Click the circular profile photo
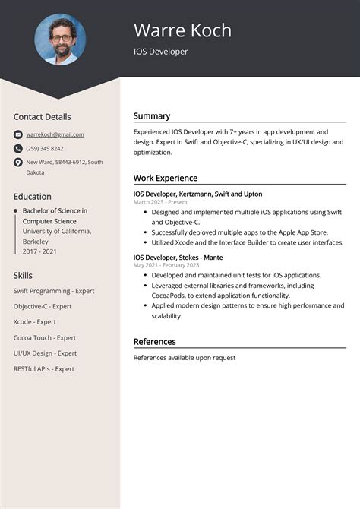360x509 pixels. [60, 40]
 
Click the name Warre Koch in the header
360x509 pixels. [182, 30]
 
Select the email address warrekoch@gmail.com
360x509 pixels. [55, 134]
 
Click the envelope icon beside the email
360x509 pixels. [18, 134]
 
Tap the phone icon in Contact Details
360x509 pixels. [18, 148]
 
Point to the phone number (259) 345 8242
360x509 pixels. [45, 148]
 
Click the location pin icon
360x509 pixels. [18, 163]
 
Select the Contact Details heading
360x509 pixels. [42, 117]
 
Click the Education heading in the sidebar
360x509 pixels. [33, 196]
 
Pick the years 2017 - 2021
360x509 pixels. [40, 251]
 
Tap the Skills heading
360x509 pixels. [23, 274]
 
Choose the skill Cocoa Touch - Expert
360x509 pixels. [45, 337]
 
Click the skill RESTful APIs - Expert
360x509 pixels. [44, 368]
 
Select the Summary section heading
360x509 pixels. [152, 116]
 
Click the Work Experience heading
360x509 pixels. [166, 178]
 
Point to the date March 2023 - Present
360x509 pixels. [160, 203]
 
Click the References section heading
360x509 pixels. [155, 342]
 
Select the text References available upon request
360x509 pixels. [185, 357]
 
